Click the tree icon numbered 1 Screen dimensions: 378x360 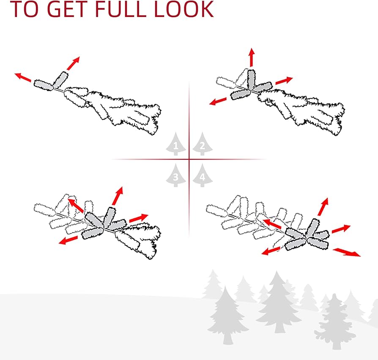pyautogui.click(x=176, y=144)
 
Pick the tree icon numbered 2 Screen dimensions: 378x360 pyautogui.click(x=203, y=144)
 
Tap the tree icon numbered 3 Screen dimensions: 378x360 pyautogui.click(x=176, y=175)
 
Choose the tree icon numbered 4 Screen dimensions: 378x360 pyautogui.click(x=203, y=175)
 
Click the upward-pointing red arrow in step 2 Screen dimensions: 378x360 pyautogui.click(x=252, y=57)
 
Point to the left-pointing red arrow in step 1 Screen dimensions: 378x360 pyautogui.click(x=23, y=77)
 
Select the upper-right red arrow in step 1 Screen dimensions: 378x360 pyautogui.click(x=73, y=63)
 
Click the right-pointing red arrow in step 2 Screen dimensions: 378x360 pyautogui.click(x=284, y=81)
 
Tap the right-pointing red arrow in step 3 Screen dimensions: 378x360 pyautogui.click(x=139, y=218)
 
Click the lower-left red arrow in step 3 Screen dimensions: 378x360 pyautogui.click(x=68, y=240)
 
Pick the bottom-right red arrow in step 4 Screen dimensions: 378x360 pyautogui.click(x=347, y=252)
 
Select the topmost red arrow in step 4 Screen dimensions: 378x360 pyautogui.click(x=323, y=207)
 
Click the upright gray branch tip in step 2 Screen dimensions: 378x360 pyautogui.click(x=251, y=80)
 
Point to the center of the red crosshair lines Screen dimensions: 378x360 pyautogui.click(x=189, y=159)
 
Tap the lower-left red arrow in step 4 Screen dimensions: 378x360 pyautogui.click(x=271, y=251)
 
